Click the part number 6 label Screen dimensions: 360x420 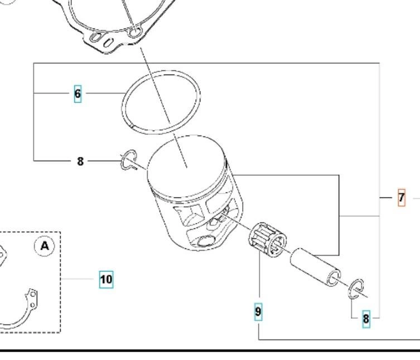pyautogui.click(x=78, y=94)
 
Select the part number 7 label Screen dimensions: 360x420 pyautogui.click(x=401, y=197)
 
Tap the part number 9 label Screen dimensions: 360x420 pyautogui.click(x=258, y=312)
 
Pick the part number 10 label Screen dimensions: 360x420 pyautogui.click(x=106, y=279)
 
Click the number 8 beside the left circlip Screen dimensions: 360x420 pyautogui.click(x=80, y=161)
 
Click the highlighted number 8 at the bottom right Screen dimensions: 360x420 pyautogui.click(x=366, y=319)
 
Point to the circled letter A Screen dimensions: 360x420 pyautogui.click(x=45, y=245)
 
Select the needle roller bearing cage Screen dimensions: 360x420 pyautogui.click(x=267, y=240)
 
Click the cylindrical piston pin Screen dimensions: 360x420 pyautogui.click(x=313, y=267)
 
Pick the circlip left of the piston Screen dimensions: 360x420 pyautogui.click(x=128, y=160)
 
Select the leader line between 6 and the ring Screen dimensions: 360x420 pyautogui.click(x=103, y=94)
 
